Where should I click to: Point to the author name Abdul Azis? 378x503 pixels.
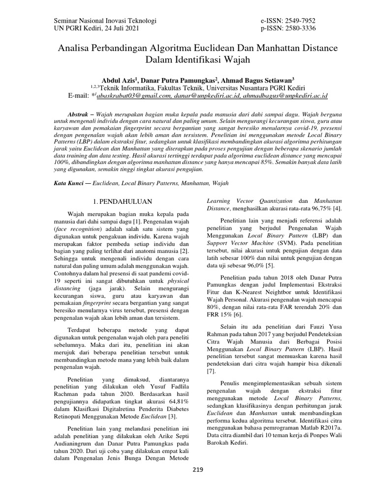(118, 79)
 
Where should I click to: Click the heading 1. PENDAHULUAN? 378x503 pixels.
(123, 201)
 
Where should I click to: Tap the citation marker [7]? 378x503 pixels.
(211, 372)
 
